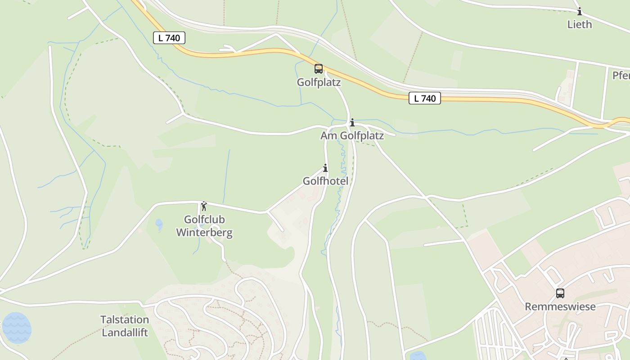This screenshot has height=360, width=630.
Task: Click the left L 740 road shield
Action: (x=169, y=38)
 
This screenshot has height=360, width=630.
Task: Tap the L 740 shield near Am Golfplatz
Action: (x=424, y=98)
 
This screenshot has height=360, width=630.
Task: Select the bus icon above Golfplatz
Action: (x=319, y=69)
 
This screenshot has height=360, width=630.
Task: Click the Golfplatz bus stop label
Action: (x=319, y=82)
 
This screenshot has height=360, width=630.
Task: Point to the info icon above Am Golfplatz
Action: (x=352, y=122)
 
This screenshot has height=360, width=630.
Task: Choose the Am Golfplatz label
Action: (x=352, y=135)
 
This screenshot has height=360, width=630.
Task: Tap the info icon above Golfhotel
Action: (x=325, y=168)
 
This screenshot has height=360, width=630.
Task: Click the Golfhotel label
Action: (x=325, y=181)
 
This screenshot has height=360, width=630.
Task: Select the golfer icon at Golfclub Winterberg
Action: (x=204, y=206)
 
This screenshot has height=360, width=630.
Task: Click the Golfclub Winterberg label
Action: (x=204, y=226)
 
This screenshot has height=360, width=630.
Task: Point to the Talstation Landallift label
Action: (x=125, y=326)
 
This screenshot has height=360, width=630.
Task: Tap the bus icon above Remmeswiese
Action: (x=560, y=293)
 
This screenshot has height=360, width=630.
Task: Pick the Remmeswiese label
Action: (x=560, y=306)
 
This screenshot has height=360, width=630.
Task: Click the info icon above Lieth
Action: (x=580, y=12)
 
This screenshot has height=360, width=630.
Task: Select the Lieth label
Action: (x=580, y=24)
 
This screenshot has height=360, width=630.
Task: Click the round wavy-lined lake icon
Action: (x=17, y=328)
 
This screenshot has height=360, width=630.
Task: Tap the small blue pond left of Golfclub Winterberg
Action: (x=159, y=223)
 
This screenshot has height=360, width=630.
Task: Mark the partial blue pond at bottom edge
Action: (x=418, y=356)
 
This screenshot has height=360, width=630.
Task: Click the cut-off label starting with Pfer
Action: (x=621, y=75)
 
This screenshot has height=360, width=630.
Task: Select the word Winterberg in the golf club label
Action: (x=204, y=233)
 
